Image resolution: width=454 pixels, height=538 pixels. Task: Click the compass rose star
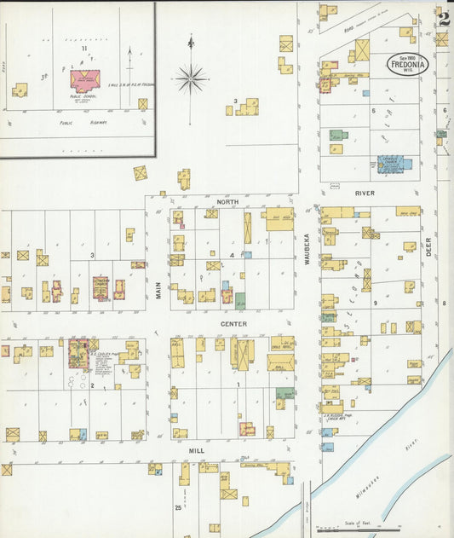(191, 78)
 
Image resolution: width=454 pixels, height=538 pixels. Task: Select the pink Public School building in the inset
(84, 81)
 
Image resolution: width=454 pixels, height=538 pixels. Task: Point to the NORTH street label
(227, 202)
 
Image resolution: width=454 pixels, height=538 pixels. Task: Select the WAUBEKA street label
(309, 248)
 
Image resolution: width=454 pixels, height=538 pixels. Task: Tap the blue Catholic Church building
(390, 163)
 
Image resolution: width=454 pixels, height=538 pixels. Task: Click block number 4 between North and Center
(232, 255)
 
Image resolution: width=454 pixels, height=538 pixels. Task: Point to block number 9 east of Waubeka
(374, 303)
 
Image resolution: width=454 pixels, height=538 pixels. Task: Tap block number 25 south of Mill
(178, 508)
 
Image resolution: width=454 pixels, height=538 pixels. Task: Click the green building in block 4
(240, 300)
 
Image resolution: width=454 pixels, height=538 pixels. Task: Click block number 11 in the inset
(83, 49)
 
